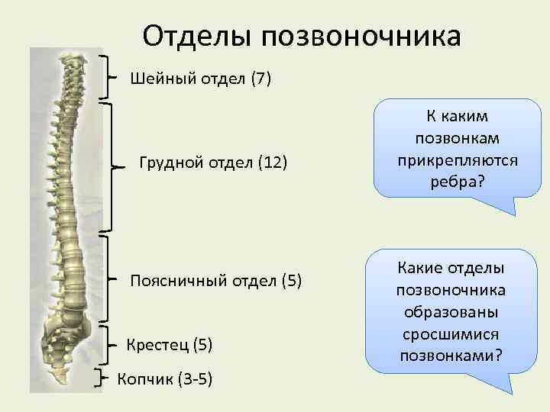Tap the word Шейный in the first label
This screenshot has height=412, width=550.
158,78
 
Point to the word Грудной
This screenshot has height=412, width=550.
168,163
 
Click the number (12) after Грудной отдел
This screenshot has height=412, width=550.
271,163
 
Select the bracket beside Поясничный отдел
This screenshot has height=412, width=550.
112,279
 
